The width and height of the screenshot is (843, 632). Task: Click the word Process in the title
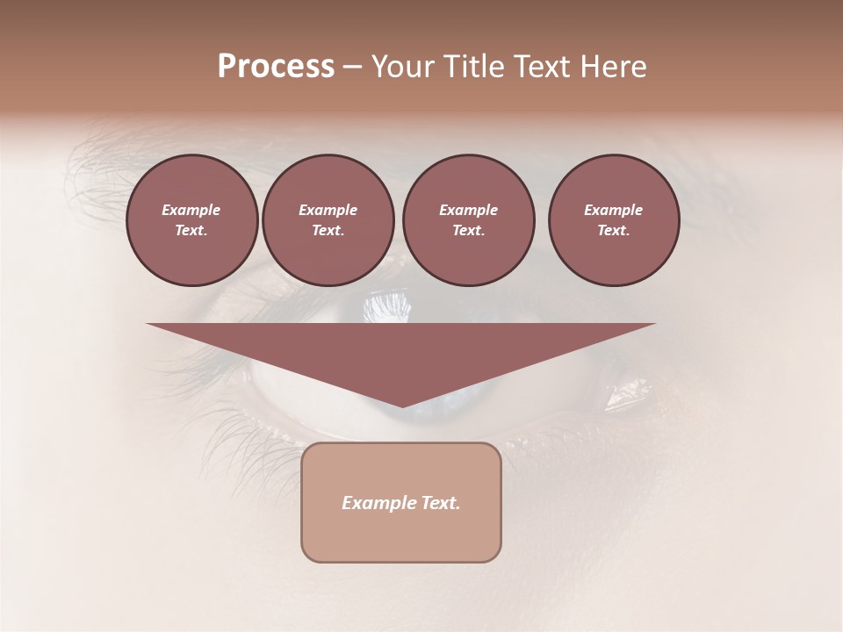[276, 67]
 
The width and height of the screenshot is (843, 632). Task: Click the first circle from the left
[191, 220]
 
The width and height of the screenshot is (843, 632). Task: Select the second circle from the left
[328, 220]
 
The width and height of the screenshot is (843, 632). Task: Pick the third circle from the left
[468, 220]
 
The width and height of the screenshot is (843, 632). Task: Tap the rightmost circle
[613, 220]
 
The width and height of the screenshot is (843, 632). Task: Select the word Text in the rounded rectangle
[442, 503]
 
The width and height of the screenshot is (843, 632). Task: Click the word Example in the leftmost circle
[191, 210]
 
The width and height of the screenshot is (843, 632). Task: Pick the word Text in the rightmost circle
[613, 231]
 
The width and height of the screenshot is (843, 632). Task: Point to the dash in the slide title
[353, 67]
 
